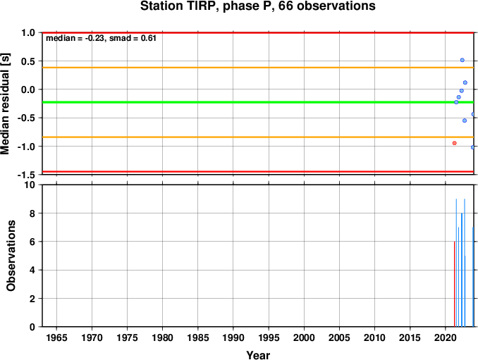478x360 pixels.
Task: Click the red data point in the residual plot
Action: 455,143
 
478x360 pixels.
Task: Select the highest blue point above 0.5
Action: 462,61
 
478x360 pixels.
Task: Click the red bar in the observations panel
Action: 454,284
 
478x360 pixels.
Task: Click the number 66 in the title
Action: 286,6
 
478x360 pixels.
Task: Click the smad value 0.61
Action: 149,38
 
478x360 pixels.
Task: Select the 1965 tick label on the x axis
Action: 56,337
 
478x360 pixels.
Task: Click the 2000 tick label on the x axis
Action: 304,337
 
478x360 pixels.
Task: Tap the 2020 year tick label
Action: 446,337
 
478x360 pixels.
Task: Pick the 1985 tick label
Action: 198,337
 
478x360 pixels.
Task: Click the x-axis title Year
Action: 258,355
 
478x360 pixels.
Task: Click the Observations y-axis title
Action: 11,256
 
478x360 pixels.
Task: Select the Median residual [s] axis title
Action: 5,104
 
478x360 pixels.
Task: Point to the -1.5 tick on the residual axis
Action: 26,175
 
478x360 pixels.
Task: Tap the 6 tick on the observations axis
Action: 32,242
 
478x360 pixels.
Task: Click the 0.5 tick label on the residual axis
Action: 28,61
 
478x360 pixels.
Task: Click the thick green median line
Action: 258,102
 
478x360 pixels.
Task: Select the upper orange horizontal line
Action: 258,68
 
